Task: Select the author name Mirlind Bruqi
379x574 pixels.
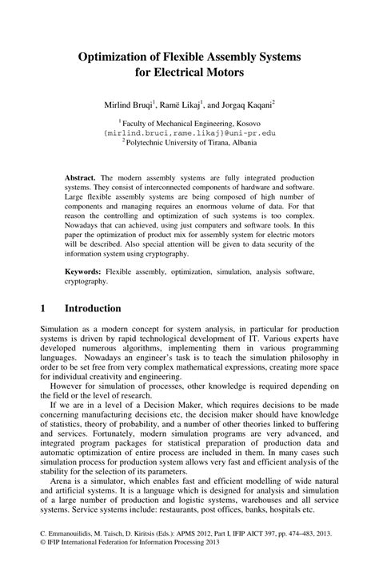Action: click(126, 104)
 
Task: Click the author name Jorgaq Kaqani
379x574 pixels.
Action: click(241, 104)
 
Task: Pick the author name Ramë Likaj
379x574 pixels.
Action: click(179, 104)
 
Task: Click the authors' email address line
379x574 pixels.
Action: click(189, 133)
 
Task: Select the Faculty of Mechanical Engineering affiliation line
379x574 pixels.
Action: click(191, 124)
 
